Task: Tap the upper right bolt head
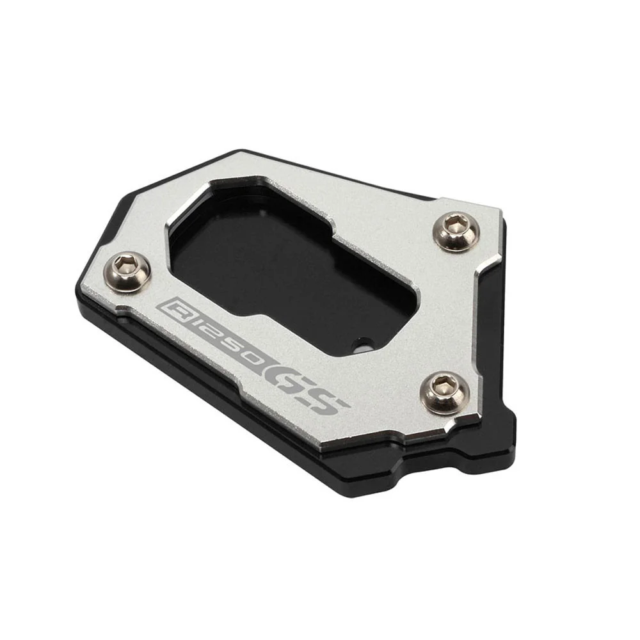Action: click(456, 230)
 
